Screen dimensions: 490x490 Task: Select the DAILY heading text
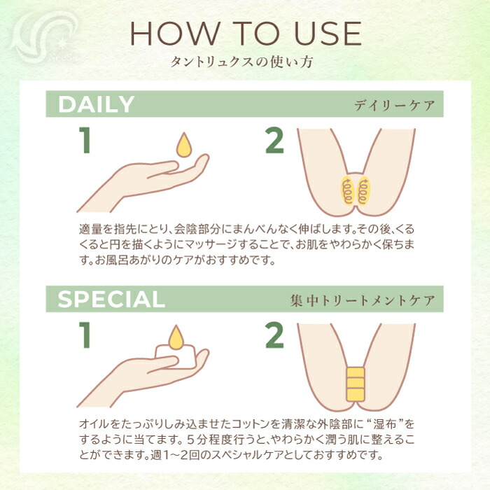tap(96, 105)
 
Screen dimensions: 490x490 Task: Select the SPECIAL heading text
tap(111, 299)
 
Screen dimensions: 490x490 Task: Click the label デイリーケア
tap(394, 106)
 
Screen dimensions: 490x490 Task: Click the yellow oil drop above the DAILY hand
tap(184, 145)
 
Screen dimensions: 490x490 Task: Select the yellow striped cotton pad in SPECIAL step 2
tap(356, 384)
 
